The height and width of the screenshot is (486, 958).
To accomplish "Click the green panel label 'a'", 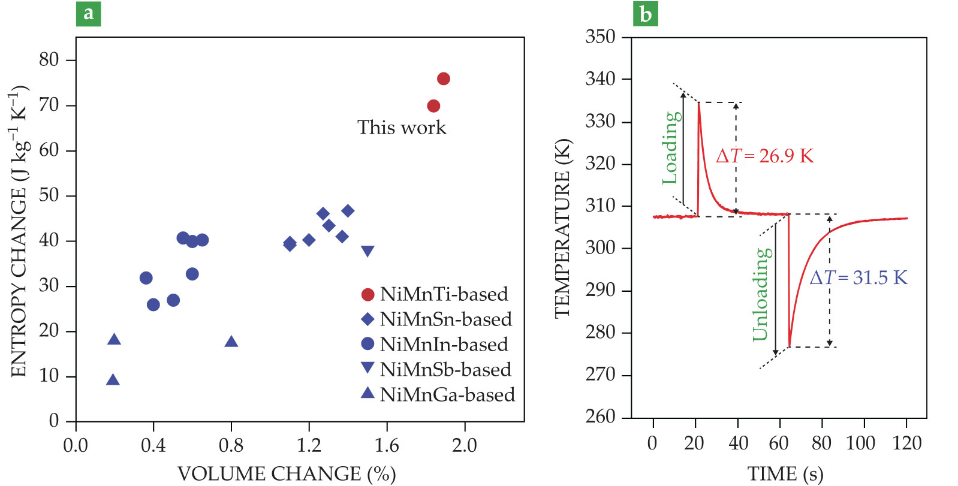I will click(88, 13).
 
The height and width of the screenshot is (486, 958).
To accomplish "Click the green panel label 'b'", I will click(645, 13).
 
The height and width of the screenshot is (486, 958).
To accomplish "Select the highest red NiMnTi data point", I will click(444, 79).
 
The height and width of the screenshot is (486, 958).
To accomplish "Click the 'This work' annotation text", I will click(402, 128).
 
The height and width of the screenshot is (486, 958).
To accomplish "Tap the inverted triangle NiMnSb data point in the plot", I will click(367, 250).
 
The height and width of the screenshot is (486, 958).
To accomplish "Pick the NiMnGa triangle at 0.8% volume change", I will click(231, 342).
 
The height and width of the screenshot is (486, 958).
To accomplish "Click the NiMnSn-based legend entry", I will click(437, 319).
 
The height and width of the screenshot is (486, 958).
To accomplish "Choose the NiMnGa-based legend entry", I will click(438, 395).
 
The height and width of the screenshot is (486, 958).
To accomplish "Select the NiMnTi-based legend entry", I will click(435, 294).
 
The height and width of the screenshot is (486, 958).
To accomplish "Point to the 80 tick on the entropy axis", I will click(49, 59).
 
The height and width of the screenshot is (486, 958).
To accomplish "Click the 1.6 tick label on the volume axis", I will click(387, 445).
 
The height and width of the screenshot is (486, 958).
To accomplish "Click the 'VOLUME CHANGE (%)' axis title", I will click(287, 473).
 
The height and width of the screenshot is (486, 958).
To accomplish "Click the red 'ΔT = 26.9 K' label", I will click(765, 156).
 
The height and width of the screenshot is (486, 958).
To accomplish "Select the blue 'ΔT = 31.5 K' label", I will click(858, 277).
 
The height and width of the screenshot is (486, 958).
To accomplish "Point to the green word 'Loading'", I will click(671, 148).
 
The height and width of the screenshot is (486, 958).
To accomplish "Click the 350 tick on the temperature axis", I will click(601, 37).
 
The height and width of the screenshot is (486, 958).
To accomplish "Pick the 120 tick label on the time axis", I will click(906, 443).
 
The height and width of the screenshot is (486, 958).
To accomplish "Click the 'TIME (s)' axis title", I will click(785, 474).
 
